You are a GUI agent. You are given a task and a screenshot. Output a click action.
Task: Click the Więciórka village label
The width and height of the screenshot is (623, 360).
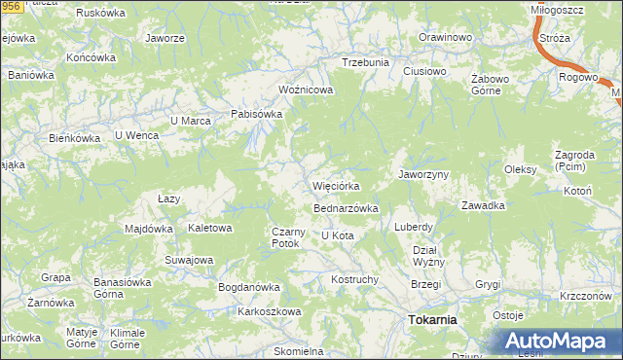coord(337,186)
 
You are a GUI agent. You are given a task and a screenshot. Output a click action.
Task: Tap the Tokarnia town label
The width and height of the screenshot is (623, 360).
coord(433,319)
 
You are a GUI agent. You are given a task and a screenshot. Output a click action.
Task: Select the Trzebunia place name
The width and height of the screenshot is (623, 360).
coord(365,62)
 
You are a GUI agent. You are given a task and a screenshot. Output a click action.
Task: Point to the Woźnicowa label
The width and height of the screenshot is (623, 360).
coord(306,90)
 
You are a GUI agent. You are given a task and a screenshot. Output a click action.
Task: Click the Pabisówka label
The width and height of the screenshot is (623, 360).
coord(256,114)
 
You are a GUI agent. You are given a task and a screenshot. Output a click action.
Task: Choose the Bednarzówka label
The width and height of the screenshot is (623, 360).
coord(345,208)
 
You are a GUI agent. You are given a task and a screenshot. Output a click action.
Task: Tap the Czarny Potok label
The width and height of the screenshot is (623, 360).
coord(289,236)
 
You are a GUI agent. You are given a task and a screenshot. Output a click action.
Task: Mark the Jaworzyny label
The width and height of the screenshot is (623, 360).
coord(422,174)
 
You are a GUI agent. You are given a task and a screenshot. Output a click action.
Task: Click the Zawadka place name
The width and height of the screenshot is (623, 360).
coord(483,205)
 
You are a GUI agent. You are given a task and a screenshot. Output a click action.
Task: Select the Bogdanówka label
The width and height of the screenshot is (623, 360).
coord(249,288)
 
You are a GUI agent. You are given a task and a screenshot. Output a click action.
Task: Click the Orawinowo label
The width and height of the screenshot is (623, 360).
coord(445,37)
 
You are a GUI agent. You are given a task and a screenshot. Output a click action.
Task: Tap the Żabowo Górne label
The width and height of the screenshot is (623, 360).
coord(485,85)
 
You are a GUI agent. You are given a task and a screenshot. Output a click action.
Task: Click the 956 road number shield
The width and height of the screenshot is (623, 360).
coord(10,7)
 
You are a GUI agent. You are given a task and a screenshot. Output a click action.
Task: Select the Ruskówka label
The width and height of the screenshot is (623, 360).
coord(102,15)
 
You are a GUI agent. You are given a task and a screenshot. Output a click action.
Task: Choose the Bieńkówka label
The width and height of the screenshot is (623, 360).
coord(76,138)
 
